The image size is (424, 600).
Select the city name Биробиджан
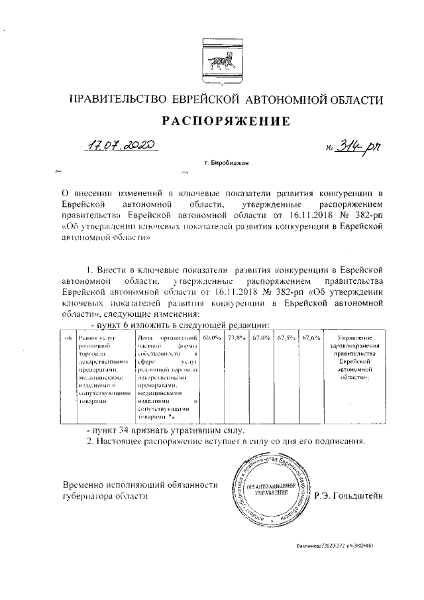click(x=228, y=162)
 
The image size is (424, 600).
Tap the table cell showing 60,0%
click(x=211, y=339)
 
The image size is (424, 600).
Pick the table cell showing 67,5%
click(x=286, y=339)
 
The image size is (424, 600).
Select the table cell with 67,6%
click(x=311, y=339)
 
